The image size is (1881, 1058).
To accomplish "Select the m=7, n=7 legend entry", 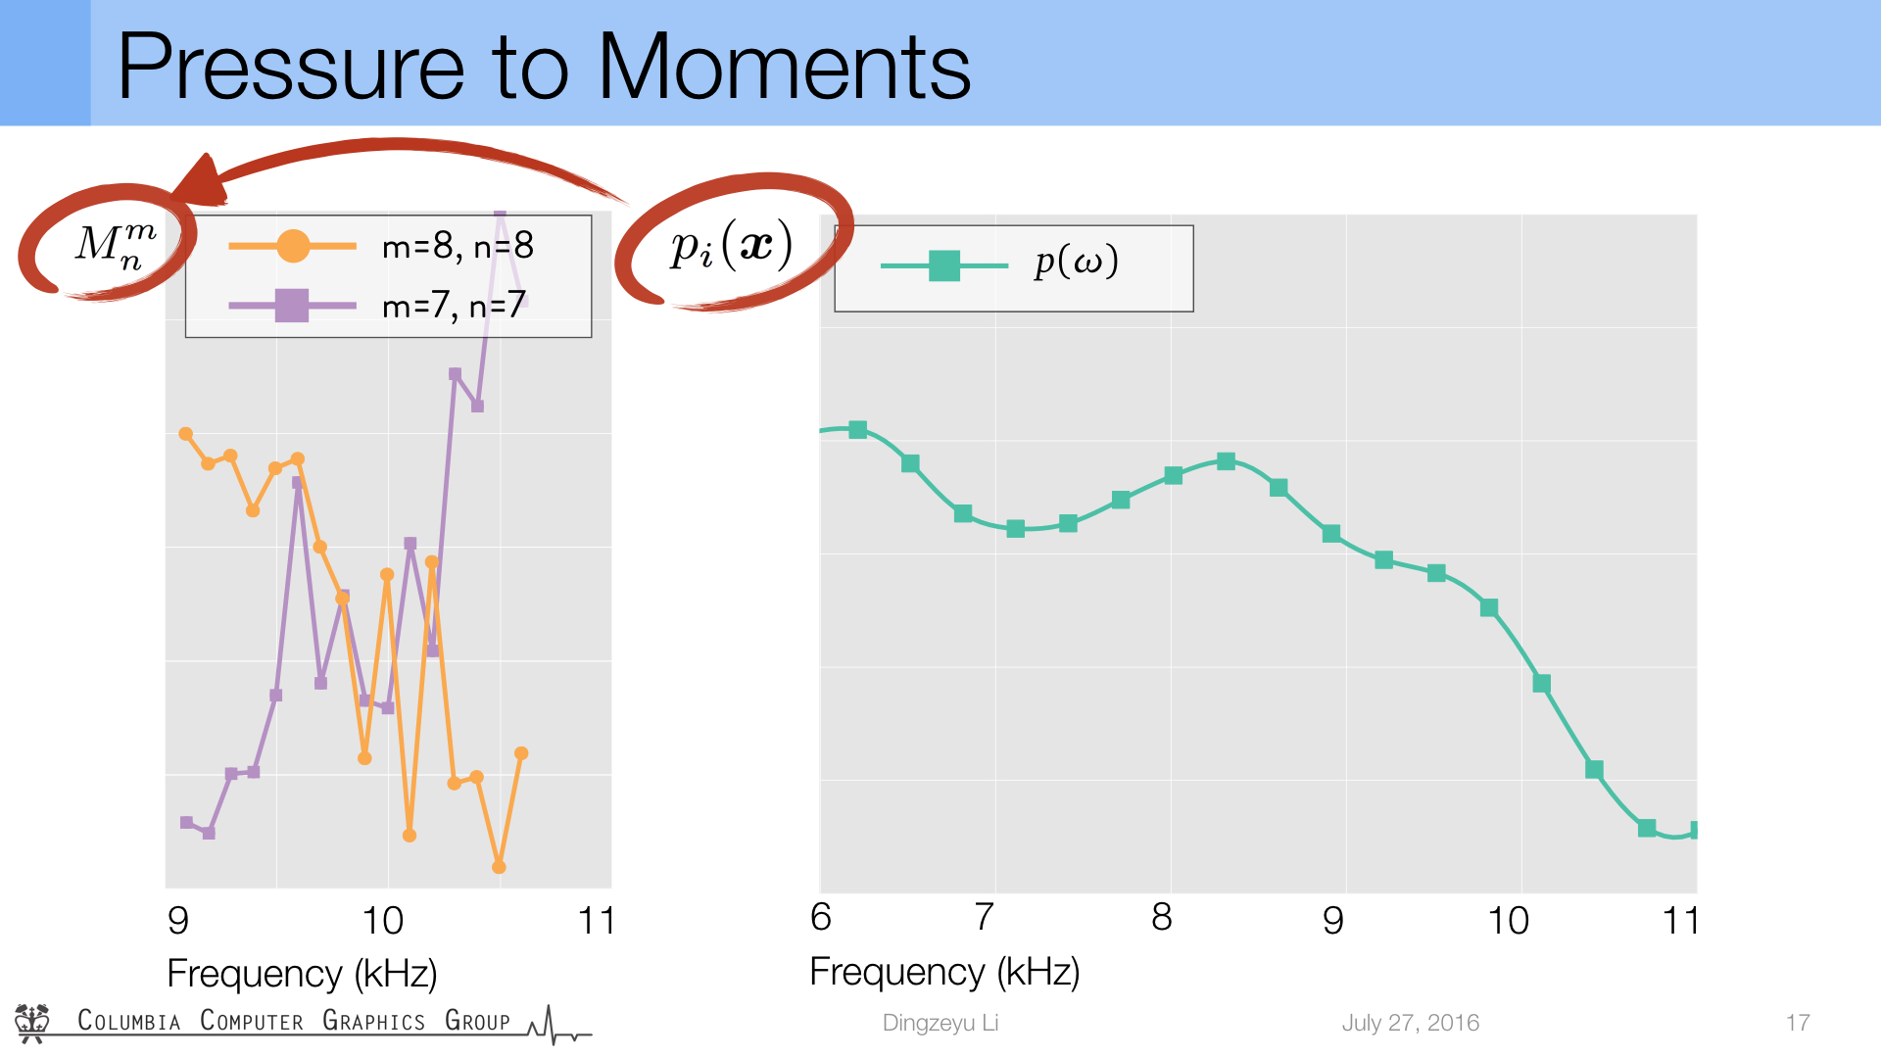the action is (x=378, y=306).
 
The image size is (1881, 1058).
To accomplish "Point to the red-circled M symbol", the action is (x=116, y=245).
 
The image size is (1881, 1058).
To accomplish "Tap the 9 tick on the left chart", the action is (x=178, y=921).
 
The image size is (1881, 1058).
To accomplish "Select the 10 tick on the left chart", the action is (x=382, y=921).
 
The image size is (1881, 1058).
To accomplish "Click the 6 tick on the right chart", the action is (x=821, y=917).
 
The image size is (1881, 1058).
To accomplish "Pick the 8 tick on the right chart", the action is (x=1162, y=917).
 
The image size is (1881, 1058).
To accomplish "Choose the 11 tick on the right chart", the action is (x=1681, y=921).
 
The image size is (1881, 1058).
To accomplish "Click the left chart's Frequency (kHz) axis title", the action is (x=302, y=974).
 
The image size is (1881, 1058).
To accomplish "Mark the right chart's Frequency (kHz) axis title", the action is (x=944, y=972).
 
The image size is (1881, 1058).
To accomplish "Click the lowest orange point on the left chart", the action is (x=499, y=867).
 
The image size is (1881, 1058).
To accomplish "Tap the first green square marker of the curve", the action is (x=858, y=430).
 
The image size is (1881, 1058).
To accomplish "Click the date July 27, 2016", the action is (x=1410, y=1023).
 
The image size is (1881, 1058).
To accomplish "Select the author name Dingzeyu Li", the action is (x=940, y=1023).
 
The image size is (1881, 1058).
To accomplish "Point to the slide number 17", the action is (x=1798, y=1023).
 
